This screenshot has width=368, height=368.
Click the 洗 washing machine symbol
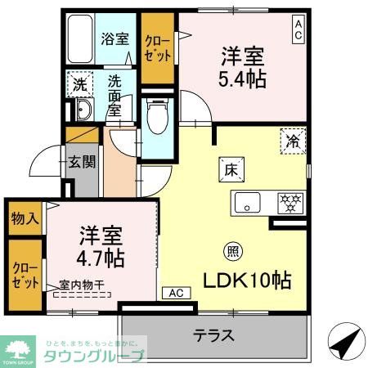[x=79, y=84]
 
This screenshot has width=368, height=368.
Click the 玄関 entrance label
[x=80, y=162]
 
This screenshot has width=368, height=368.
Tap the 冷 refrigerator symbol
[x=291, y=141]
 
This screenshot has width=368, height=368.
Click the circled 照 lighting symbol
[x=232, y=252]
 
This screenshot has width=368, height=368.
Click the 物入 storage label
[x=23, y=218]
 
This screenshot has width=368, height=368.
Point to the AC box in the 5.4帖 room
[x=298, y=30]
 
